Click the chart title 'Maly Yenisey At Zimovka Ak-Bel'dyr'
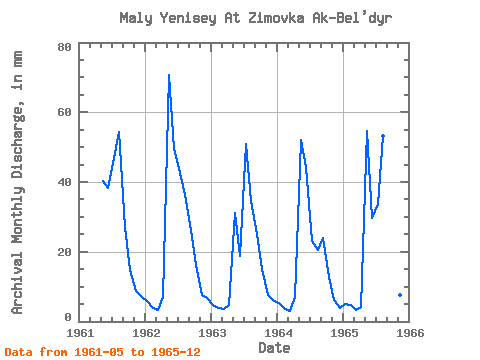coord(256,18)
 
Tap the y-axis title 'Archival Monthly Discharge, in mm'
coord(17,182)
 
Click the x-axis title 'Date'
coord(274,348)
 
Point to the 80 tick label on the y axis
coord(65,47)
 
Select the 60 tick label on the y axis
coord(65,112)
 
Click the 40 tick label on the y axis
coord(65,182)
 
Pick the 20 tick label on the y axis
coord(65,252)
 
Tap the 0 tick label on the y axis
coord(68,317)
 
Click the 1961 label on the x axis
coord(80,333)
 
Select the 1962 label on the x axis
coord(146,333)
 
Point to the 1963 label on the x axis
coord(212,333)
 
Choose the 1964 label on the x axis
coord(278,333)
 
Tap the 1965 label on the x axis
coord(344,333)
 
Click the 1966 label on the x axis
coord(410,333)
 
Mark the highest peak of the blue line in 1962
coord(169,75)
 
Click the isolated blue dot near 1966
coord(400,295)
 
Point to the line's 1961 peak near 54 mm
coord(119,132)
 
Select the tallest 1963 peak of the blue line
coord(246,144)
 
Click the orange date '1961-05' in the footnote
coord(99,352)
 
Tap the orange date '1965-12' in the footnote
coord(176,352)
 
